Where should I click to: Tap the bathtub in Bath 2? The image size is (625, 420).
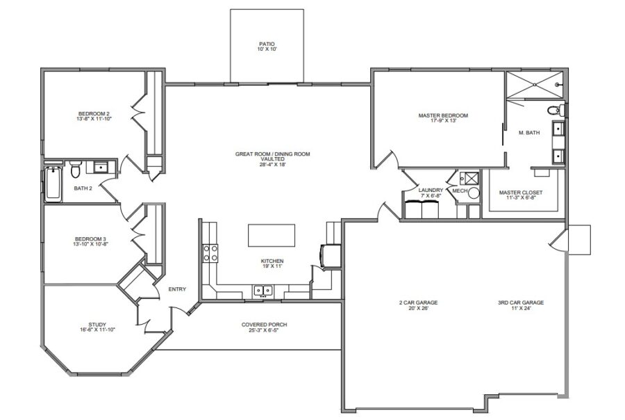click(53, 184)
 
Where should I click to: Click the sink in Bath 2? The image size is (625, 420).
click(101, 167)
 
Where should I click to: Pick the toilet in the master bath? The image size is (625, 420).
click(554, 110)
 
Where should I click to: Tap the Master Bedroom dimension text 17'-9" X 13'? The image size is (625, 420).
click(443, 121)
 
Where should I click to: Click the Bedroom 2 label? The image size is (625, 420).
click(93, 113)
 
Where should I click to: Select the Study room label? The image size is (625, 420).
click(97, 323)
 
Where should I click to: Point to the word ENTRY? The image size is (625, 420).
click(176, 290)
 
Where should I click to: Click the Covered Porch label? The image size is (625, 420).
click(264, 325)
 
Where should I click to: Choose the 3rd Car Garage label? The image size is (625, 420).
click(520, 302)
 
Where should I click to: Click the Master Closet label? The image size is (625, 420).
click(521, 192)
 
